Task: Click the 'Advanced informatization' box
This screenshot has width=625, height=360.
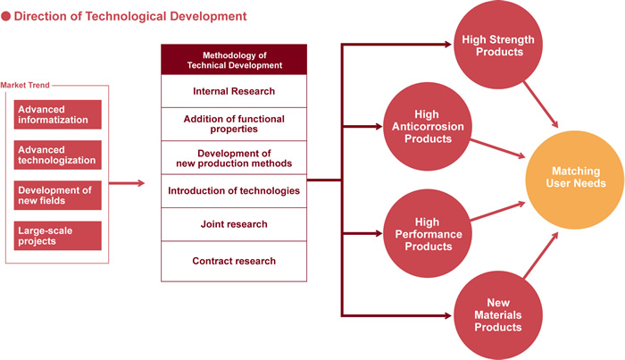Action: click(57, 114)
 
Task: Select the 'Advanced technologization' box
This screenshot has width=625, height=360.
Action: click(57, 155)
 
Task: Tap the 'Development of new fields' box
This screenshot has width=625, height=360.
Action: click(57, 196)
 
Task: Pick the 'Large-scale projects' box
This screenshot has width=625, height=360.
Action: click(57, 236)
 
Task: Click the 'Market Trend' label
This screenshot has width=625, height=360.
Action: click(25, 85)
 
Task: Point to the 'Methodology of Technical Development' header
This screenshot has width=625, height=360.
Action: click(234, 60)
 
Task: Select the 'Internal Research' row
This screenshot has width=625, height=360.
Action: click(234, 91)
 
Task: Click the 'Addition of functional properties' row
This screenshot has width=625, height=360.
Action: click(234, 124)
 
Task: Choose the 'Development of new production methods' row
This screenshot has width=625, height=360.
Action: click(234, 158)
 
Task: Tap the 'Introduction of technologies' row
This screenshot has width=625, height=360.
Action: click(234, 191)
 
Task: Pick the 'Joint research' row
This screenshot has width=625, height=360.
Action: click(234, 224)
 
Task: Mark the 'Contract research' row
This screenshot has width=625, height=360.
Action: click(234, 261)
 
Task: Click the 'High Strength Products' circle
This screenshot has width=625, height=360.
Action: click(498, 45)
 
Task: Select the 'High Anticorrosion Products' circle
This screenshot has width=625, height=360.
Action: click(428, 126)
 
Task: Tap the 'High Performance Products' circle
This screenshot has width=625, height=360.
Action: click(428, 234)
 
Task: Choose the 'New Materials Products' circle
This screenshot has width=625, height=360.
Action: click(498, 315)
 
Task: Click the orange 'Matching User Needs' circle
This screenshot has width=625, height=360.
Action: click(575, 180)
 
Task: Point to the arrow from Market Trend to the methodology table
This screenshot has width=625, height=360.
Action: click(127, 183)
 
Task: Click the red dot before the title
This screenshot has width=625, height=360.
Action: click(5, 16)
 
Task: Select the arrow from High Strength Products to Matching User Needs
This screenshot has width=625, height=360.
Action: click(541, 105)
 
